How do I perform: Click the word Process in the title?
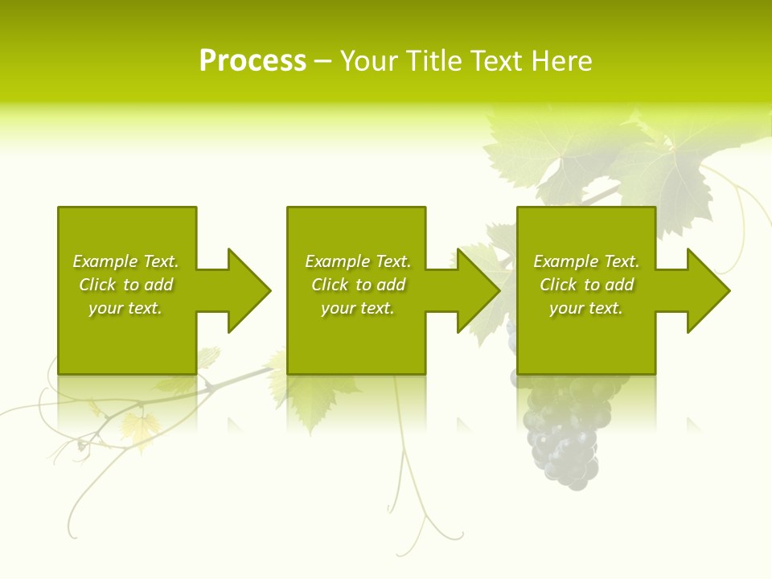pyautogui.click(x=253, y=60)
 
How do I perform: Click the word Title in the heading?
pyautogui.click(x=433, y=60)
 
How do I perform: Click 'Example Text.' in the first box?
pyautogui.click(x=125, y=261)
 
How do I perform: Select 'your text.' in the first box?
pyautogui.click(x=125, y=308)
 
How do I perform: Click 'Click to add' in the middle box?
pyautogui.click(x=358, y=285)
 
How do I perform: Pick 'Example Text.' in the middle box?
pyautogui.click(x=358, y=261)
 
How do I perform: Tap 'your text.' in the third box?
pyautogui.click(x=586, y=308)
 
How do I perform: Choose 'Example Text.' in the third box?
pyautogui.click(x=586, y=261)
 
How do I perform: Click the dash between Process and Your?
pyautogui.click(x=322, y=61)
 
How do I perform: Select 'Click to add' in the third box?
pyautogui.click(x=586, y=285)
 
